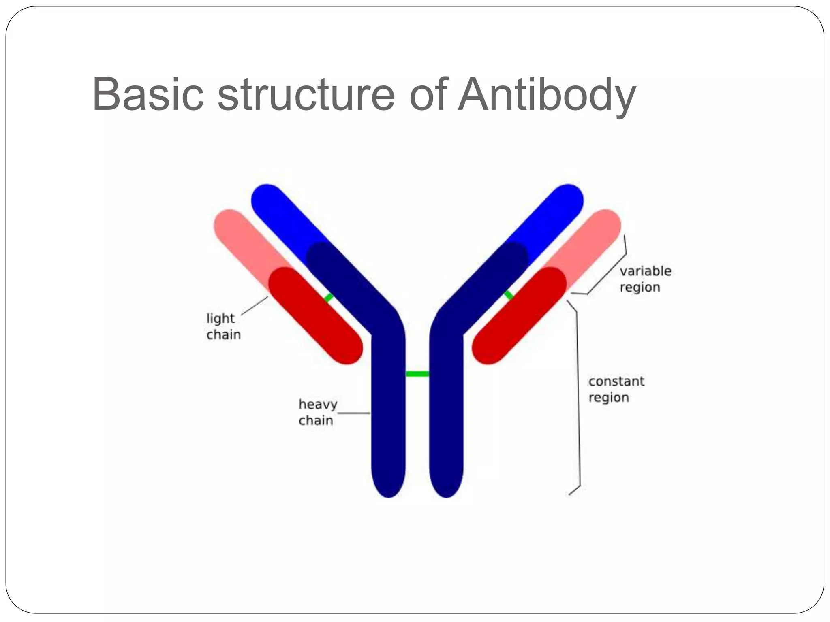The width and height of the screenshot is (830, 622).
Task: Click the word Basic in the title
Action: (148, 95)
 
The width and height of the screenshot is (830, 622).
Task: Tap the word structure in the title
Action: (306, 95)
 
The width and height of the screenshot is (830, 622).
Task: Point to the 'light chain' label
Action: (223, 326)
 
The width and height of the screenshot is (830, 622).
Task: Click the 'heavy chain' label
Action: (317, 412)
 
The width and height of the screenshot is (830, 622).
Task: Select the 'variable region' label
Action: (645, 279)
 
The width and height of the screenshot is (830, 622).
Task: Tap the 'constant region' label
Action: (616, 389)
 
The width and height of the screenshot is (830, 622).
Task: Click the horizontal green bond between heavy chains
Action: (417, 374)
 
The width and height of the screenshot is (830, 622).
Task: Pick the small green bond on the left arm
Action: (329, 298)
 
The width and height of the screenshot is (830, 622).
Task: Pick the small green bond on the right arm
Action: (509, 295)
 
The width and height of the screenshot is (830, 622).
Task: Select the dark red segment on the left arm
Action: (316, 316)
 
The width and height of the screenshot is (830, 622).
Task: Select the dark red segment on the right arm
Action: (519, 316)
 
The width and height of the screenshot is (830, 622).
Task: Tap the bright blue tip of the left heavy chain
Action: (280, 211)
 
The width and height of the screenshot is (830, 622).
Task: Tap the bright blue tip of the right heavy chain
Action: (555, 211)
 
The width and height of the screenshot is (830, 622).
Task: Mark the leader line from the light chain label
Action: (255, 305)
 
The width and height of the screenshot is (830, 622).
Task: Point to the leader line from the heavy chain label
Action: (353, 413)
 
